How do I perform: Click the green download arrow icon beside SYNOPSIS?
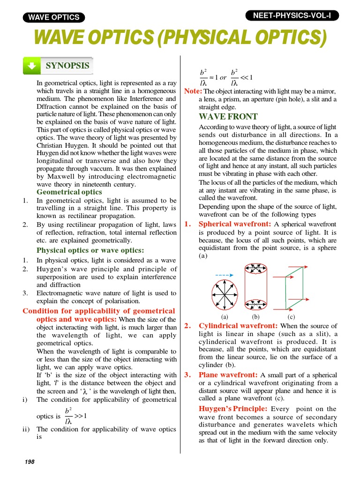(31, 67)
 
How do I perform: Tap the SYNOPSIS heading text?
(67, 66)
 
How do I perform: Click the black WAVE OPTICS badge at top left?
(54, 17)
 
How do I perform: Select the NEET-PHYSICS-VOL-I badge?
(292, 15)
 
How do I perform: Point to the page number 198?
(30, 462)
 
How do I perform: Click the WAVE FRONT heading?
(228, 117)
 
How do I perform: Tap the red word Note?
(193, 91)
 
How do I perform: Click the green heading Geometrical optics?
(69, 192)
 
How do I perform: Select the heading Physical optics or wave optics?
(90, 250)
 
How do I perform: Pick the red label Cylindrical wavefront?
(239, 326)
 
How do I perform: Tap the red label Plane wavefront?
(228, 375)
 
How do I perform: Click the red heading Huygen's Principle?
(233, 409)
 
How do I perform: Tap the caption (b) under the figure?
(256, 316)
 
